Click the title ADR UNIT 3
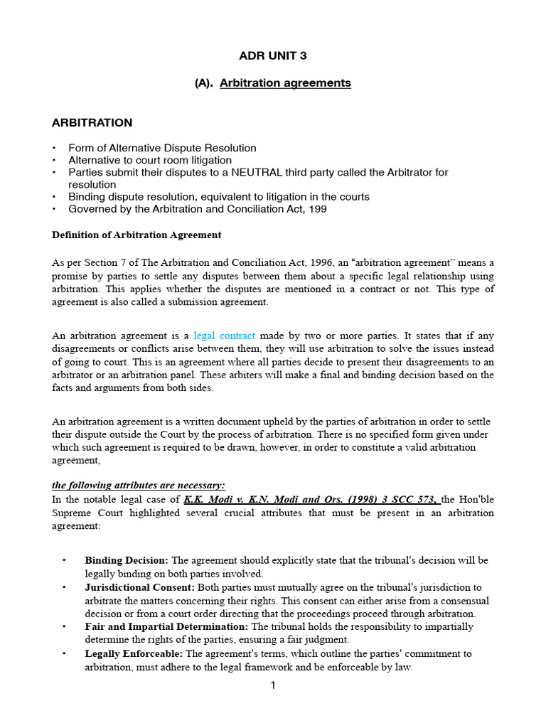tap(273, 55)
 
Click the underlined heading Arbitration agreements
tap(285, 83)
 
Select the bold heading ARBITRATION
tap(92, 123)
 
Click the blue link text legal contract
tap(225, 335)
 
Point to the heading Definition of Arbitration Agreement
tap(136, 235)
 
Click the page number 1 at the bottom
tap(272, 685)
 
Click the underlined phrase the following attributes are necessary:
tap(139, 485)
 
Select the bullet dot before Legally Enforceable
tap(65, 653)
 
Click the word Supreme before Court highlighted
tap(73, 513)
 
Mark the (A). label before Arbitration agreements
tap(205, 83)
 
